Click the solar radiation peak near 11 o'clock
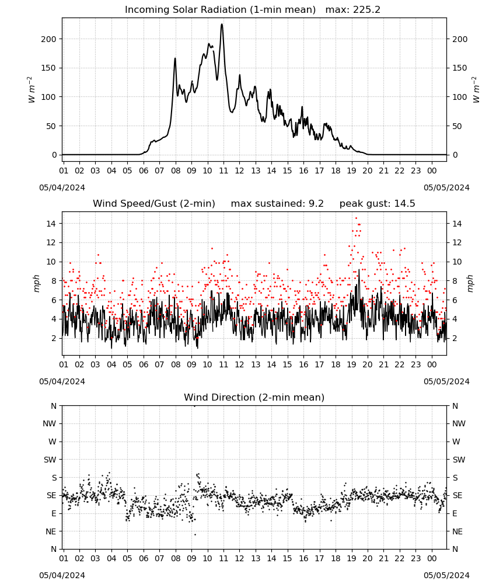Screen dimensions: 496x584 point(222,25)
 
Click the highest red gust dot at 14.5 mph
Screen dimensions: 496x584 point(356,218)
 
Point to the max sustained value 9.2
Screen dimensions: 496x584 point(316,204)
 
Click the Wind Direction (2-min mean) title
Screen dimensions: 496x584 point(254,397)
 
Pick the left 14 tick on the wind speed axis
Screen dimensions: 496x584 point(51,224)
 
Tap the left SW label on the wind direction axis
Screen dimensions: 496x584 point(50,460)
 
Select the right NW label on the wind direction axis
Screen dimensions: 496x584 point(459,423)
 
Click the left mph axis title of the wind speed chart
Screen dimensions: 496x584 point(36,283)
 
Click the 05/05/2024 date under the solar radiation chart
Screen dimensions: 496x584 point(446,187)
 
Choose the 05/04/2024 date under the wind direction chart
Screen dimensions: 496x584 point(62,575)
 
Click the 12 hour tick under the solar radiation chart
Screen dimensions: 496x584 point(239,171)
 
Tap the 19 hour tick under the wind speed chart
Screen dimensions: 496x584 point(352,364)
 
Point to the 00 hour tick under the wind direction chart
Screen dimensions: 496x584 point(432,558)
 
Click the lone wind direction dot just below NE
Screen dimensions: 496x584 point(195,534)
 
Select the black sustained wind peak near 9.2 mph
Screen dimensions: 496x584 point(359,270)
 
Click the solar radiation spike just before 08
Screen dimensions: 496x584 point(175,58)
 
